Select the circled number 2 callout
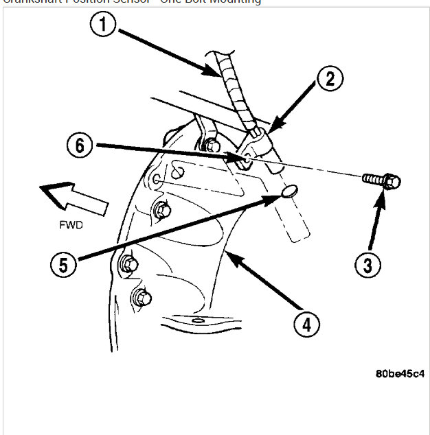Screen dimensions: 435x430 pyautogui.click(x=330, y=79)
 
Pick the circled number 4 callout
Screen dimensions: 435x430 pyautogui.click(x=306, y=323)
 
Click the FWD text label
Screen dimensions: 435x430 pyautogui.click(x=71, y=224)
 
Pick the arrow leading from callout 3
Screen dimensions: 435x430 pyautogui.click(x=374, y=223)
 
